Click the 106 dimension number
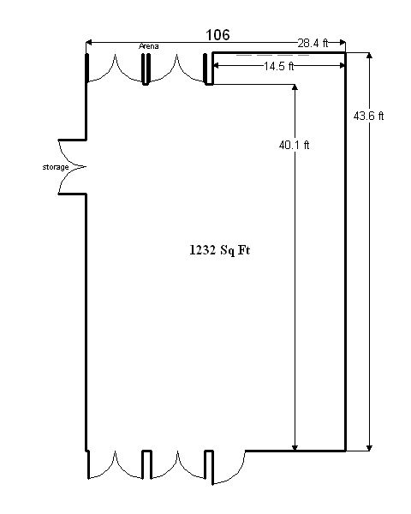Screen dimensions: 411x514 [217, 35]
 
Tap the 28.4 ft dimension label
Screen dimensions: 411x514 [313, 43]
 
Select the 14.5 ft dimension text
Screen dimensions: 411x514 [279, 66]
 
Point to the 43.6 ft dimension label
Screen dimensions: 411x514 [368, 116]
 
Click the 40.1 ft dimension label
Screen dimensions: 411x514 [294, 145]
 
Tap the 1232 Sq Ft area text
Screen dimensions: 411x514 [219, 250]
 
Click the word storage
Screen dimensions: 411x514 [56, 167]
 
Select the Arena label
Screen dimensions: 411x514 [149, 46]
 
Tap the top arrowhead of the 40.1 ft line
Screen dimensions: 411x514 [295, 87]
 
